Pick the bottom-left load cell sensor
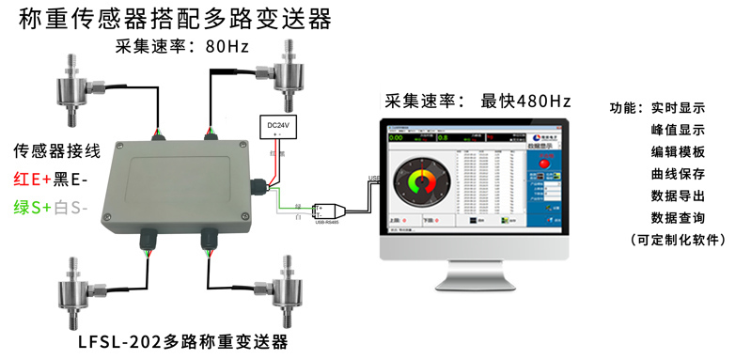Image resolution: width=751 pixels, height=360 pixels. pyautogui.click(x=80, y=288)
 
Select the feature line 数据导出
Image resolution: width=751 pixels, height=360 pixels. pyautogui.click(x=677, y=196)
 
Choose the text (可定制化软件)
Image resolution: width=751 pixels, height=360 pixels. pyautogui.click(x=679, y=241)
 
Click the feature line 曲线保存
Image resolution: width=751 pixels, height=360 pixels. pyautogui.click(x=677, y=174)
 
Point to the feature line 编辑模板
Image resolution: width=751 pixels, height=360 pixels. pyautogui.click(x=677, y=152)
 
